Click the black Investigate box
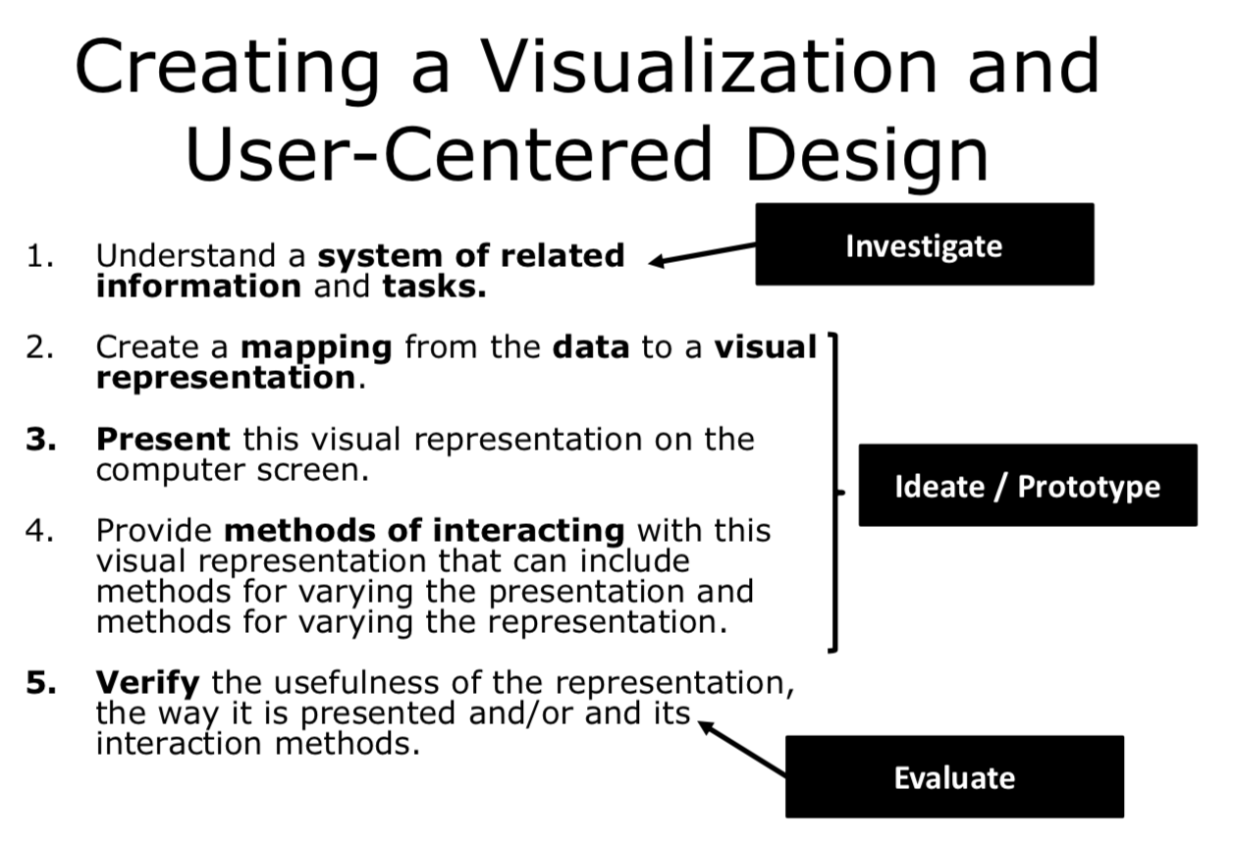point(924,244)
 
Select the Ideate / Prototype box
point(1027,485)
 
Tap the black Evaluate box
point(954,776)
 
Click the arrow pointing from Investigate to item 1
point(703,254)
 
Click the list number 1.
point(39,256)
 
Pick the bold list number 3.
point(39,439)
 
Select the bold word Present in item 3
point(163,439)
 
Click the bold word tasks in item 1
point(434,288)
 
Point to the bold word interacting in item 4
point(528,531)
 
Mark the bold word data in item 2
point(591,347)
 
